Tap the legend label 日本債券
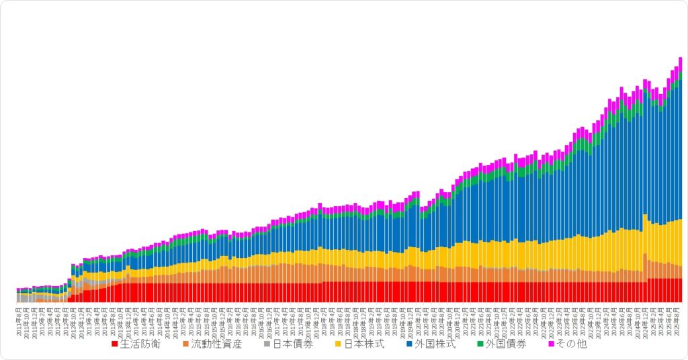[292, 345]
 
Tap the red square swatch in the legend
[115, 345]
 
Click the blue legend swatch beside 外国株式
[410, 345]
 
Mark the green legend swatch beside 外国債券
[480, 345]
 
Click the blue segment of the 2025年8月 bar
[680, 148]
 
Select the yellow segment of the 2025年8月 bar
[680, 242]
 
